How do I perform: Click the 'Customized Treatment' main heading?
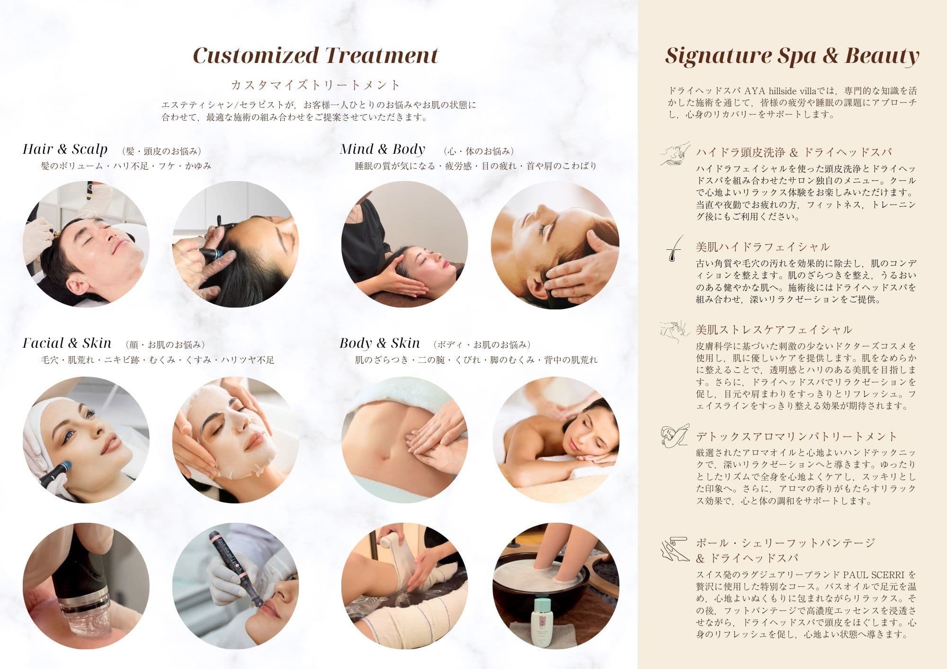click(316, 55)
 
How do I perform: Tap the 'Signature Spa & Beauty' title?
click(792, 56)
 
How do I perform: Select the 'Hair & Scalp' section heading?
click(65, 150)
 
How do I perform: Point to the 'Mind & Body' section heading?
click(382, 150)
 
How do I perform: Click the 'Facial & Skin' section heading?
click(67, 343)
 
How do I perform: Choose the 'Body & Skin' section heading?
click(380, 343)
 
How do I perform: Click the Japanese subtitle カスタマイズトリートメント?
click(316, 85)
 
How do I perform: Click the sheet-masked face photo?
click(235, 440)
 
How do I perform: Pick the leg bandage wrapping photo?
click(404, 586)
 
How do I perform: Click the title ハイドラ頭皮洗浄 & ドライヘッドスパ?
click(794, 152)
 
